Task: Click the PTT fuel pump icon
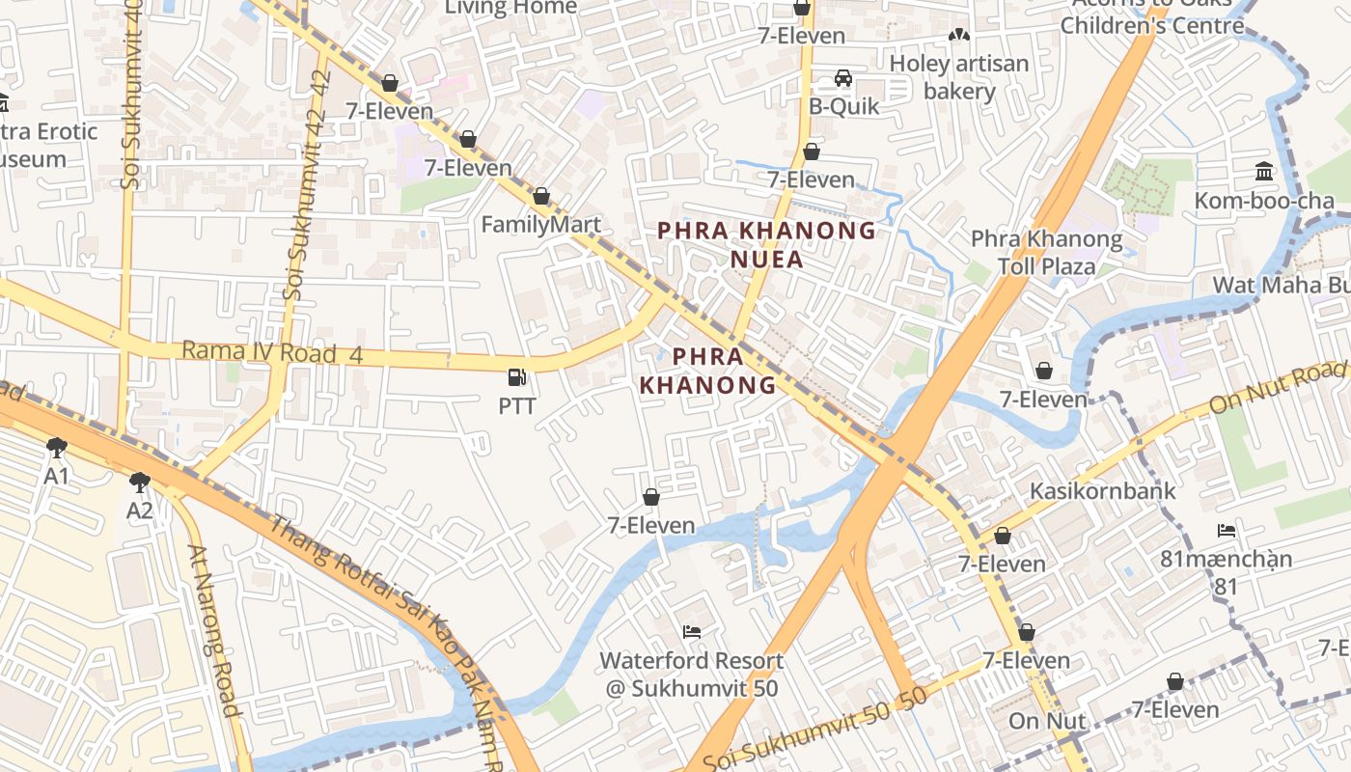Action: [x=517, y=377]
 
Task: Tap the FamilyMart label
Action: [x=540, y=225]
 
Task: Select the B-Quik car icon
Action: [x=842, y=78]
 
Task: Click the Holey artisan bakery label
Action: [x=959, y=77]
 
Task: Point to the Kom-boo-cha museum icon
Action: [x=1263, y=172]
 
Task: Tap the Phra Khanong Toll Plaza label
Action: [x=1046, y=252]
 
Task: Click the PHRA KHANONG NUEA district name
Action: [x=766, y=244]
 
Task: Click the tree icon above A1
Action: [x=57, y=447]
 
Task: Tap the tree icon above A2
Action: [x=140, y=481]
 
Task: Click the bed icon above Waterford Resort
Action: [x=692, y=632]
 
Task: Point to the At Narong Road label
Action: [x=212, y=631]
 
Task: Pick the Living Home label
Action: [x=510, y=8]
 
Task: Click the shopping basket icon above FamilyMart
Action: [x=540, y=197]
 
